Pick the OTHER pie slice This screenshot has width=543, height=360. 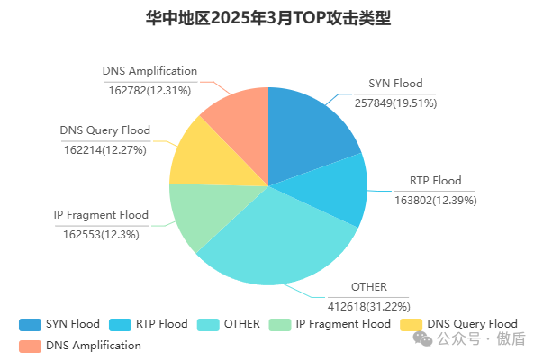coord(279,243)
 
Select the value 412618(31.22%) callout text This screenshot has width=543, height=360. coord(369,306)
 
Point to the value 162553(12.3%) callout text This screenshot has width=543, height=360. coord(101,234)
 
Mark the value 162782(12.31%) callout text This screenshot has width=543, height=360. coord(149,89)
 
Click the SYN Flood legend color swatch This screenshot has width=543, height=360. coord(30,324)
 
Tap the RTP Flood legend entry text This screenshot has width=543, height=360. coord(161,324)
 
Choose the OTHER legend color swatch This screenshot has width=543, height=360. coord(208,324)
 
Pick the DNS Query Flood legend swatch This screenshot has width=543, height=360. coord(411,324)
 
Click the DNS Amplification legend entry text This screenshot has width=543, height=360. coord(94,345)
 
